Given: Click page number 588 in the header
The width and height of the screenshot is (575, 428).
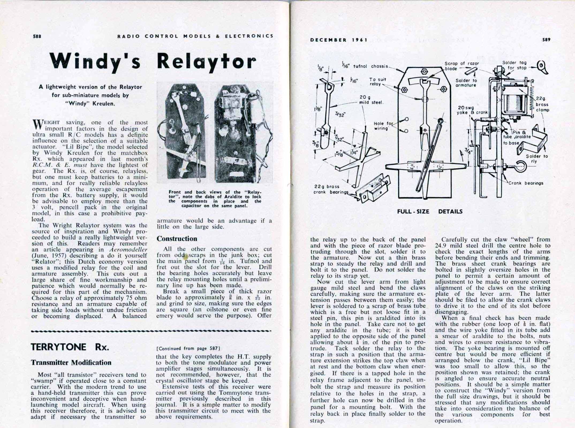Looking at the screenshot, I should [37, 36].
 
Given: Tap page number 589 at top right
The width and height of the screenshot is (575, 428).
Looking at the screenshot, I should [546, 40].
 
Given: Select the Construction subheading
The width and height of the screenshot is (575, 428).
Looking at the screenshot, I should [177, 239].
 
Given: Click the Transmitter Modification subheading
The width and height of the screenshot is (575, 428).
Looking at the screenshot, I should [71, 363].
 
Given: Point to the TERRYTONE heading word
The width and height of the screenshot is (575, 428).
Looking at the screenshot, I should [59, 347].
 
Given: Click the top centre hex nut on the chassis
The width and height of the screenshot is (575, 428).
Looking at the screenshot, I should [424, 72].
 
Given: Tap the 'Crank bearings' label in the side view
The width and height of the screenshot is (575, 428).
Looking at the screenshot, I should [526, 183].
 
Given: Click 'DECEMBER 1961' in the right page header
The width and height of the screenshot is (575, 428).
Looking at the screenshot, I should [339, 40].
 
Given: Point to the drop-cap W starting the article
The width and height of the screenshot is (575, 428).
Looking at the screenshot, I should [38, 124].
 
